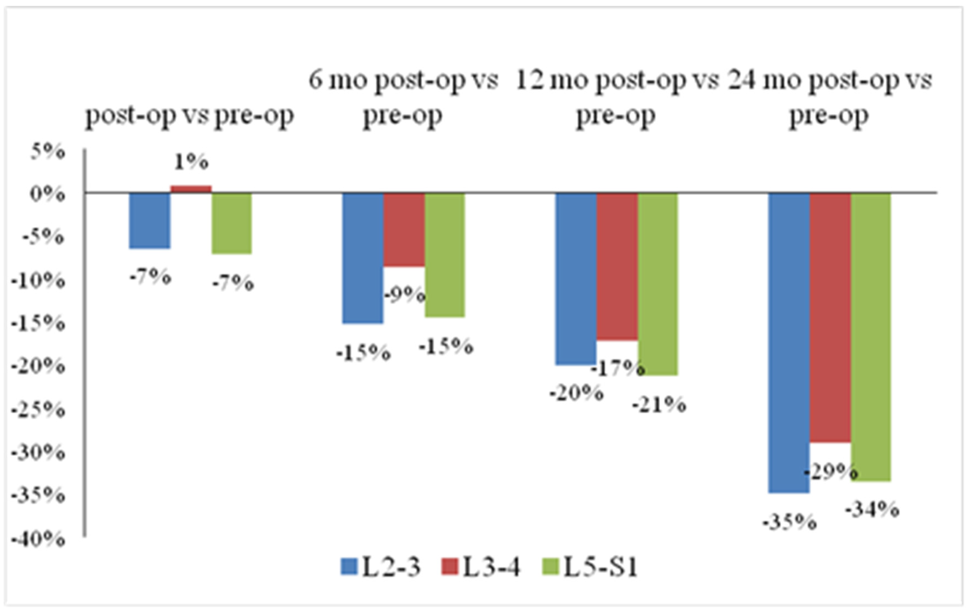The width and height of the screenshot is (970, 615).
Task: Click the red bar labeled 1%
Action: tap(191, 189)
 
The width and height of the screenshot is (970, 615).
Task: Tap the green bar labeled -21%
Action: tap(658, 284)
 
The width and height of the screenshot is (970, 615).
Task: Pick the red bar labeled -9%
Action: tap(404, 230)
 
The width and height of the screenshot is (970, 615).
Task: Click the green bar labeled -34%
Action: tap(871, 337)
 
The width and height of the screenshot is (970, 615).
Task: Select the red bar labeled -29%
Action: tap(830, 318)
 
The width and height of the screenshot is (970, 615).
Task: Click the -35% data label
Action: tap(789, 523)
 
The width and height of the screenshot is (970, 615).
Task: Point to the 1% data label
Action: tap(191, 162)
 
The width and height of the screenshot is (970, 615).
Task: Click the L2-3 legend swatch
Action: tap(349, 567)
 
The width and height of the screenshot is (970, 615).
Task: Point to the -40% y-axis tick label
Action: tap(38, 539)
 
